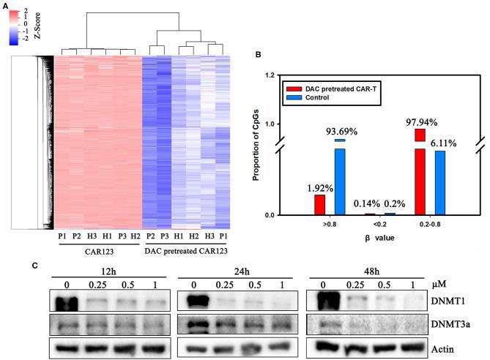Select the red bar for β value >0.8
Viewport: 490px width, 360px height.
pos(320,204)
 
